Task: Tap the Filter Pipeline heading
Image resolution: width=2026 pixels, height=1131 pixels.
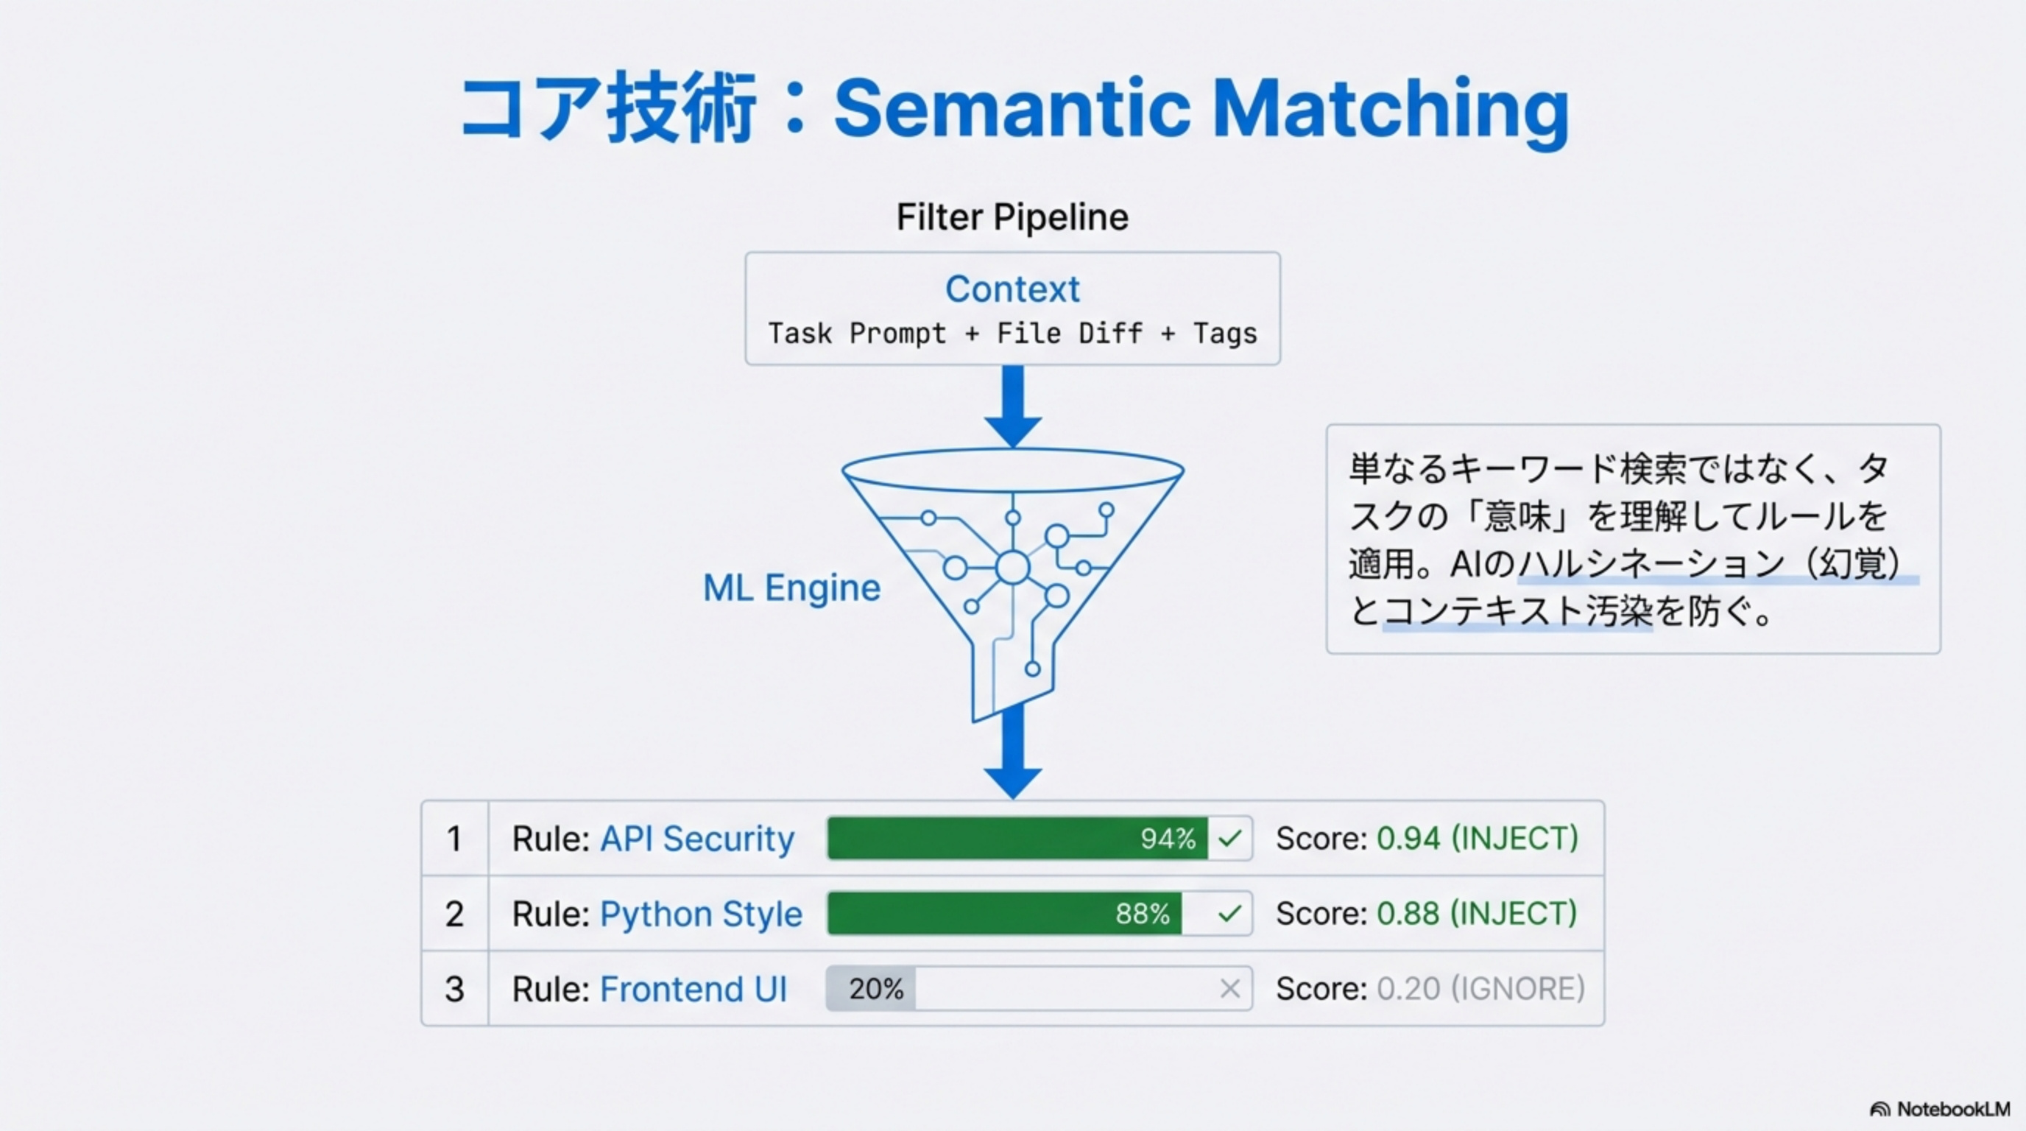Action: [1012, 217]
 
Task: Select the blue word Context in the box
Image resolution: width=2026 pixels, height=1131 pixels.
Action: [1012, 289]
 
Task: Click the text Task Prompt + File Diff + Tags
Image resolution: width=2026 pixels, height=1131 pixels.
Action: [1012, 334]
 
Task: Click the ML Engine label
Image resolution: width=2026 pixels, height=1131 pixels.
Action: [791, 588]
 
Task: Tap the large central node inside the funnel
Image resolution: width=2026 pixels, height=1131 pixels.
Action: [1012, 567]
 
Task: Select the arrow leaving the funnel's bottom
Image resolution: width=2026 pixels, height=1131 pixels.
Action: [1013, 755]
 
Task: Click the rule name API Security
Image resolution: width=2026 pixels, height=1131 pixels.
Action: [697, 839]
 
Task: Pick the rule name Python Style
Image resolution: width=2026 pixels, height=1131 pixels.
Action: [701, 914]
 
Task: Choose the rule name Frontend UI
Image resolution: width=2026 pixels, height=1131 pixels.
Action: [693, 989]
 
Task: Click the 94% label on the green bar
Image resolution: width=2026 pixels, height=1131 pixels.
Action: [1167, 839]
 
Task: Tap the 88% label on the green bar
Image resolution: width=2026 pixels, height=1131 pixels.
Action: [1142, 914]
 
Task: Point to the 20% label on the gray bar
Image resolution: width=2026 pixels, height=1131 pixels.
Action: [876, 989]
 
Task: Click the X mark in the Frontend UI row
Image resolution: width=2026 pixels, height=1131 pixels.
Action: [1230, 989]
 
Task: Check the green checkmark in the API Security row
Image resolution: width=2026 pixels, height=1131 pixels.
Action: [1230, 839]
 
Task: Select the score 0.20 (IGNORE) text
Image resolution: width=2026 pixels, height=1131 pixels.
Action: [1480, 989]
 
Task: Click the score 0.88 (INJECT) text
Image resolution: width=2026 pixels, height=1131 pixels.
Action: [1476, 914]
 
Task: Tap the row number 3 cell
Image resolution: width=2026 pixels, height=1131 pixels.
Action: [454, 989]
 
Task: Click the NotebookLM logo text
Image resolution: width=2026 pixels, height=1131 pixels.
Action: [1952, 1109]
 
